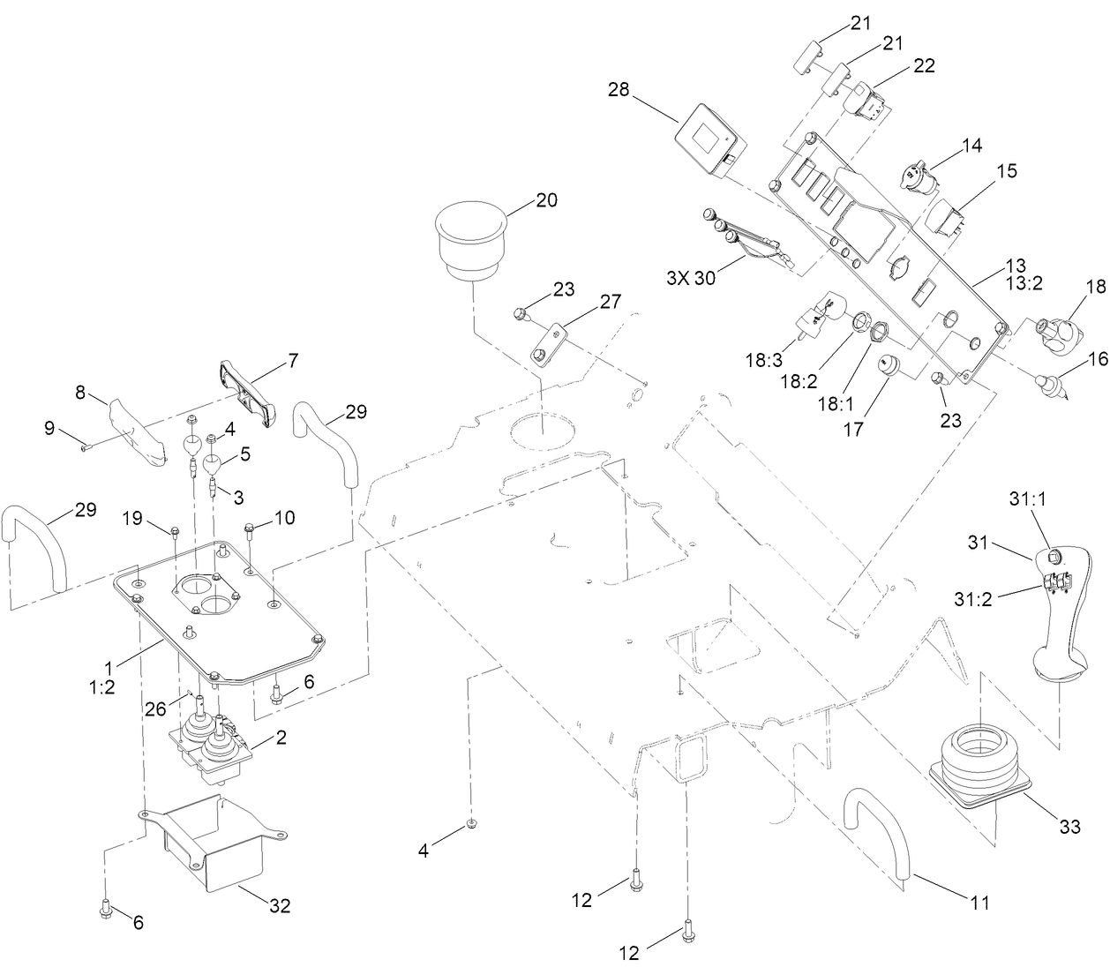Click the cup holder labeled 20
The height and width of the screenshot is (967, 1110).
point(473,238)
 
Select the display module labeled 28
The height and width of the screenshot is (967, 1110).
point(711,141)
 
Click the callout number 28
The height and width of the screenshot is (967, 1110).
point(619,89)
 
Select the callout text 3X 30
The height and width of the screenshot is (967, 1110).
point(692,278)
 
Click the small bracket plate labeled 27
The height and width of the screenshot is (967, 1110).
point(548,343)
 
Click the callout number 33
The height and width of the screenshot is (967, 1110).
point(1069,828)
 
